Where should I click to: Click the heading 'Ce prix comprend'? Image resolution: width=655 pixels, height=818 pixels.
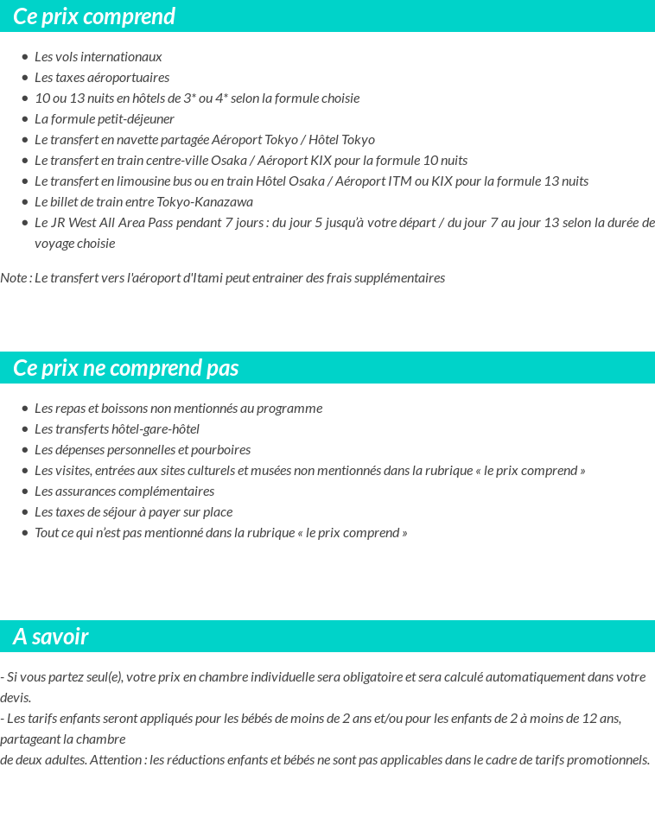[x=94, y=16]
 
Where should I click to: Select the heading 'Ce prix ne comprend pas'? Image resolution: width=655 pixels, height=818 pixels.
[x=126, y=368]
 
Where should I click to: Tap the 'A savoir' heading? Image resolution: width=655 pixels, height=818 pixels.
[x=51, y=637]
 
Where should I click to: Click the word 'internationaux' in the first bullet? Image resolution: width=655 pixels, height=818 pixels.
[x=123, y=57]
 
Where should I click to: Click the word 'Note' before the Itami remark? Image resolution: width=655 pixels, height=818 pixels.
[x=13, y=278]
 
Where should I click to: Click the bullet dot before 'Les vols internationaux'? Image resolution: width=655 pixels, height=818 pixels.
[x=25, y=57]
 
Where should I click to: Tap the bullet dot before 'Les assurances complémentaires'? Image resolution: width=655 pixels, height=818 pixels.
[x=25, y=491]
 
